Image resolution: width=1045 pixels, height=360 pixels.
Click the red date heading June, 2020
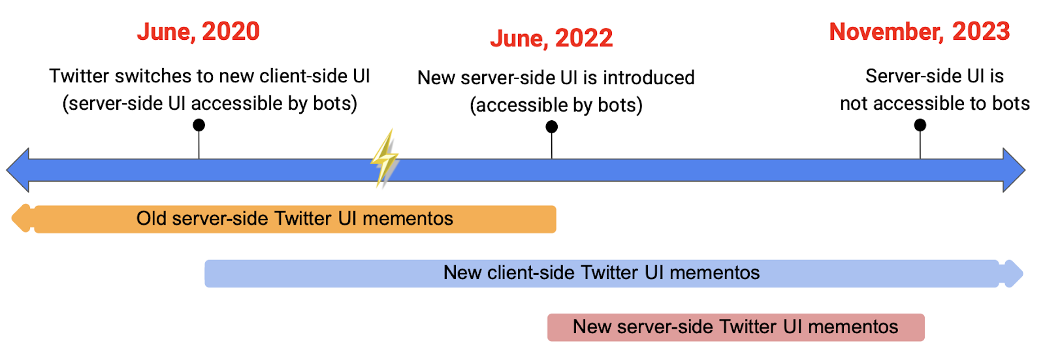[x=198, y=32]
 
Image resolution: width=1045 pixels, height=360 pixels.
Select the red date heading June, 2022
[x=551, y=39]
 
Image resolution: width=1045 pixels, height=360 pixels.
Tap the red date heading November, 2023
[x=919, y=32]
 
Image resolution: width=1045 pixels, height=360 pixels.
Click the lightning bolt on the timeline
[x=385, y=158]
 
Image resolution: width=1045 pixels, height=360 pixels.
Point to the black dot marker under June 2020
[x=199, y=125]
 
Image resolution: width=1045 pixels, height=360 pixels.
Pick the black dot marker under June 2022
[x=551, y=127]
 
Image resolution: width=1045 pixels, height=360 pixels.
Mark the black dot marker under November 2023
[x=920, y=125]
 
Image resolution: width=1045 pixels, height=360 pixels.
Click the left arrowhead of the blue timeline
[x=18, y=170]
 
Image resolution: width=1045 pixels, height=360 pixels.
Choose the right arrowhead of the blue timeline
[x=1014, y=170]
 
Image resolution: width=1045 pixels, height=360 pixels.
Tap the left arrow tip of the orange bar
[x=12, y=218]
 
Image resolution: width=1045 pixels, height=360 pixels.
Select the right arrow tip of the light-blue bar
[x=1023, y=274]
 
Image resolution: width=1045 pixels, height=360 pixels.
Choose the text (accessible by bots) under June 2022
[x=556, y=106]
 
